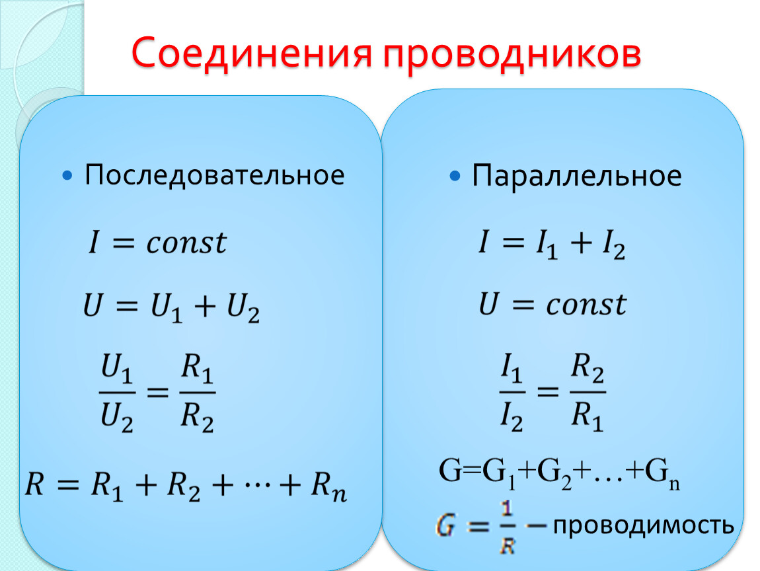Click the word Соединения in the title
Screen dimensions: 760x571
point(252,52)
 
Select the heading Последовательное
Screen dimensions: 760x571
point(214,176)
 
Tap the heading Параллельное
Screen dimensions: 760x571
point(577,176)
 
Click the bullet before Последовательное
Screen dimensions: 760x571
point(67,175)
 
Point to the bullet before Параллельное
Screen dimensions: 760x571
point(455,176)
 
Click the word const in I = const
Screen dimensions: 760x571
point(186,243)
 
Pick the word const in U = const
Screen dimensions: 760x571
point(586,305)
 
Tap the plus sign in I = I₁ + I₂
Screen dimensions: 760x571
point(582,243)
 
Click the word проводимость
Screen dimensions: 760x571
point(644,525)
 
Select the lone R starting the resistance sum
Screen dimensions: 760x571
point(35,484)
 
